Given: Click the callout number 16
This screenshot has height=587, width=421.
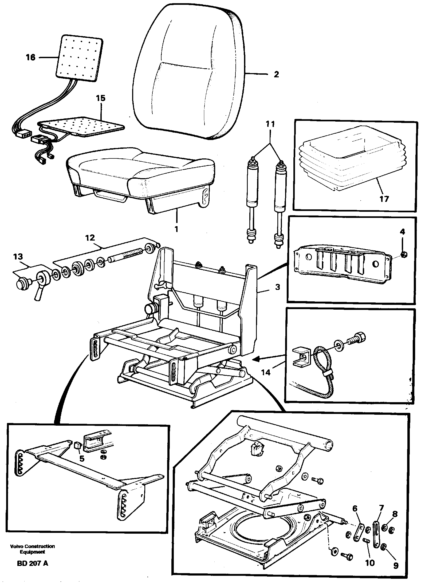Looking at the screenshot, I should click(31, 57).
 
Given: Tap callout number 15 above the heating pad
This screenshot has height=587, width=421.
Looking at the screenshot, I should click(101, 98).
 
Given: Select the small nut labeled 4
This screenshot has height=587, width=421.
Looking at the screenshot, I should click(404, 255).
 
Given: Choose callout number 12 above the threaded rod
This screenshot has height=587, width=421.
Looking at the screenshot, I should click(90, 238).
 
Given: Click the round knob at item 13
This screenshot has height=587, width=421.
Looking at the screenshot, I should click(21, 283).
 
